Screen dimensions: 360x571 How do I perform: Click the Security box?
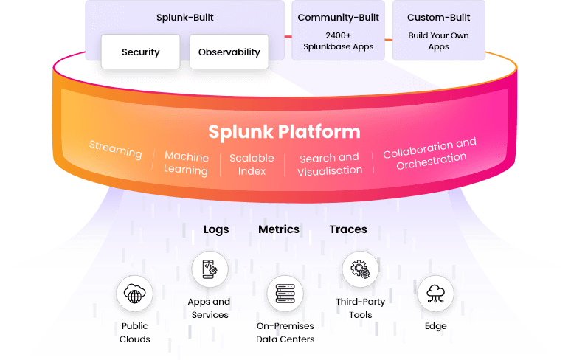[x=140, y=52]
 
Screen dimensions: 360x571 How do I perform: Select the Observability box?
[x=229, y=52]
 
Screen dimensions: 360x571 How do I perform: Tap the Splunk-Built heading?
[x=184, y=18]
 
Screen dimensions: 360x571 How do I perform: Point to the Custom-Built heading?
[x=438, y=18]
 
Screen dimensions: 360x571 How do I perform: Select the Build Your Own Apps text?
[x=438, y=41]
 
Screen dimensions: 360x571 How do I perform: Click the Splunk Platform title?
[x=284, y=132]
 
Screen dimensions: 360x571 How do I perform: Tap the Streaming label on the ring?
[x=115, y=150]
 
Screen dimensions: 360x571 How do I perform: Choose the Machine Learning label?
[x=186, y=164]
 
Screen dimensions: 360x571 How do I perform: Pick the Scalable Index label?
[x=252, y=165]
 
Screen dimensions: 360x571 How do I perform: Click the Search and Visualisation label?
[x=330, y=164]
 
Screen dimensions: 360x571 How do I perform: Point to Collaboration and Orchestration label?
[x=430, y=154]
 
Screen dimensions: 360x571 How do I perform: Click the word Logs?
[x=216, y=229]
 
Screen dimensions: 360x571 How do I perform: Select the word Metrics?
[x=279, y=229]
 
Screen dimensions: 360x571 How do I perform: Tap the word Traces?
[x=348, y=229]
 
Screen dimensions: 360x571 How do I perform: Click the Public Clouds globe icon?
[x=135, y=296]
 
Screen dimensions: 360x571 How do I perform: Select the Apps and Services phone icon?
[x=210, y=269]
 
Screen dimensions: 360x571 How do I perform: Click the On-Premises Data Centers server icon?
[x=285, y=294]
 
